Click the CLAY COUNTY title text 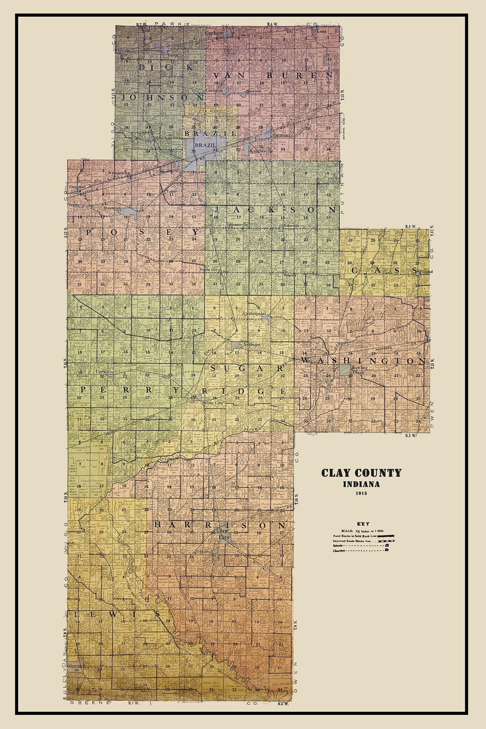pyautogui.click(x=361, y=473)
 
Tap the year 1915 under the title pyautogui.click(x=361, y=493)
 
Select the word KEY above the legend pyautogui.click(x=363, y=524)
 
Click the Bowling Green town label pyautogui.click(x=359, y=370)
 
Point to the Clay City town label pyautogui.click(x=224, y=534)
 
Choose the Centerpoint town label pyautogui.click(x=255, y=313)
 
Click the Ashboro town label pyautogui.click(x=251, y=345)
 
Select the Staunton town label pyautogui.click(x=112, y=208)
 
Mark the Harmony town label pyautogui.click(x=281, y=135)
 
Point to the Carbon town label pyautogui.click(x=214, y=33)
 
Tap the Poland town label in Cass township pyautogui.click(x=426, y=271)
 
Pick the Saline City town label pyautogui.click(x=213, y=403)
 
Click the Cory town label pyautogui.click(x=100, y=372)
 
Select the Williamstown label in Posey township pyautogui.click(x=119, y=173)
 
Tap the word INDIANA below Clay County pyautogui.click(x=361, y=484)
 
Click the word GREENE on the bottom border pyautogui.click(x=90, y=702)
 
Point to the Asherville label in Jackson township pyautogui.click(x=292, y=225)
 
